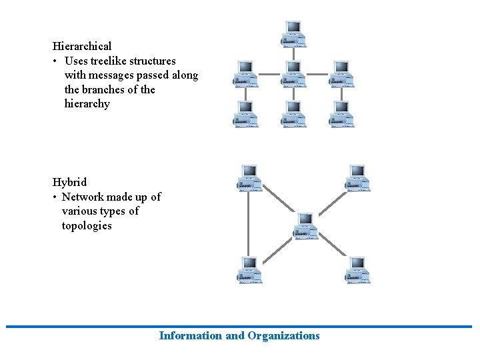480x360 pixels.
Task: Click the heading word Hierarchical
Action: coord(82,47)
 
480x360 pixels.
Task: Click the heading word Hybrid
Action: coord(69,182)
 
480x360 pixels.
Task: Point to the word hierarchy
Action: coord(87,104)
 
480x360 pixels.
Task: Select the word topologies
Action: coord(87,226)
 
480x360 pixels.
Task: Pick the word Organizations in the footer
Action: coord(283,336)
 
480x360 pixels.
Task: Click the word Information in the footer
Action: coord(191,336)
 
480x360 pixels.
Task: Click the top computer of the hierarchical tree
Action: coord(294,33)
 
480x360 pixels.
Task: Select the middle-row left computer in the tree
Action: coord(245,73)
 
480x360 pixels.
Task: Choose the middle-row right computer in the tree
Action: coord(341,73)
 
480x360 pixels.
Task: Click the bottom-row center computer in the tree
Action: coord(294,113)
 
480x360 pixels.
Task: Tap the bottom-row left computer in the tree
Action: coord(245,113)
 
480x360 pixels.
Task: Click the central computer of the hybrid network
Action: coord(305,226)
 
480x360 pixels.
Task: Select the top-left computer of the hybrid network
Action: coord(250,178)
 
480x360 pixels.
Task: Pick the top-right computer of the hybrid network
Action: coord(358,178)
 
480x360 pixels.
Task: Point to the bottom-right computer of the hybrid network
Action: coord(358,270)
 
